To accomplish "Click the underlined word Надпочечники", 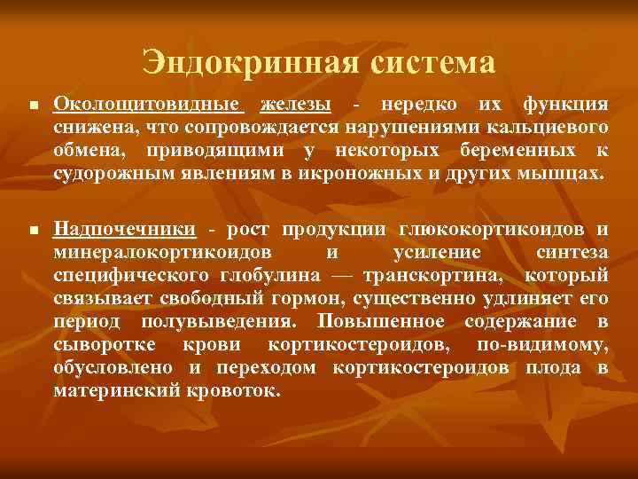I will pos(125,230).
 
